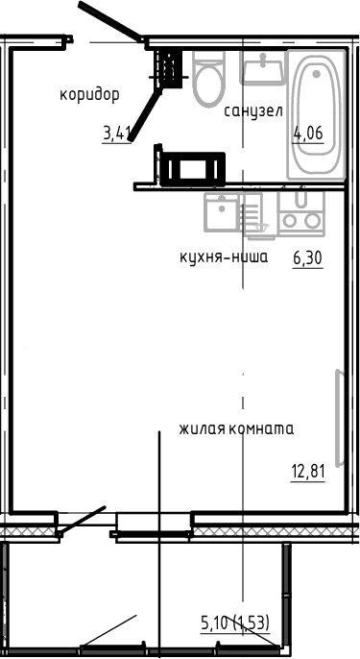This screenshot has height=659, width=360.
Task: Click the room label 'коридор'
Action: [x=88, y=94]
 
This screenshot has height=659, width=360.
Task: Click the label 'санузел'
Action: [x=252, y=110]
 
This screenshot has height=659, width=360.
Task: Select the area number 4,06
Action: [x=307, y=133]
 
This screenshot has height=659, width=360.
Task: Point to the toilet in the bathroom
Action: [x=207, y=81]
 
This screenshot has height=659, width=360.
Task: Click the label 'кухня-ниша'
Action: [x=224, y=257]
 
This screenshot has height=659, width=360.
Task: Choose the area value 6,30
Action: [x=306, y=257]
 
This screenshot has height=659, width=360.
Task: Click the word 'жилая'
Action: [x=200, y=428]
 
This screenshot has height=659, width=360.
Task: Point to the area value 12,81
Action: [x=306, y=471]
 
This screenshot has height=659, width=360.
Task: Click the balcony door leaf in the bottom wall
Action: [x=82, y=521]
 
